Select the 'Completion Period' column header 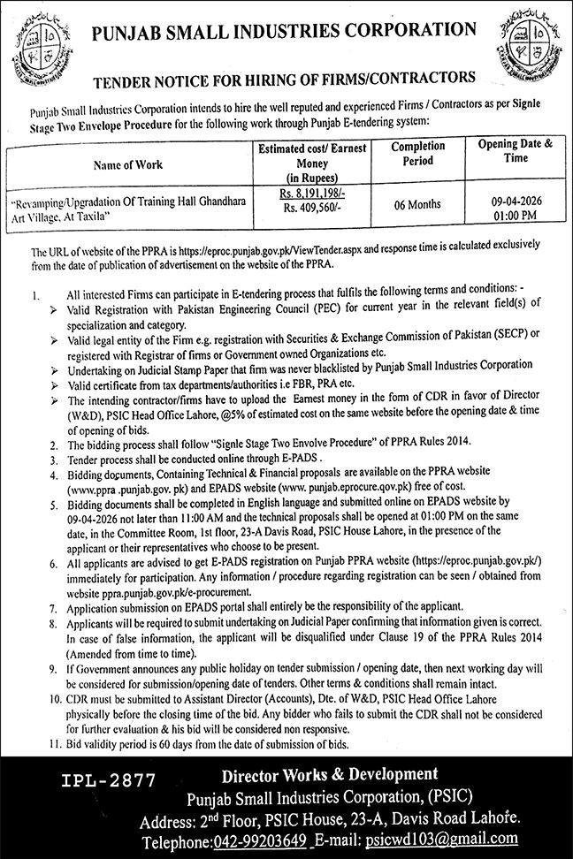tap(412, 154)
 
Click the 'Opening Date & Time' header tap(515, 149)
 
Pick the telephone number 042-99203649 tap(263, 839)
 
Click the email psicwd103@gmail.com tap(466, 839)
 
